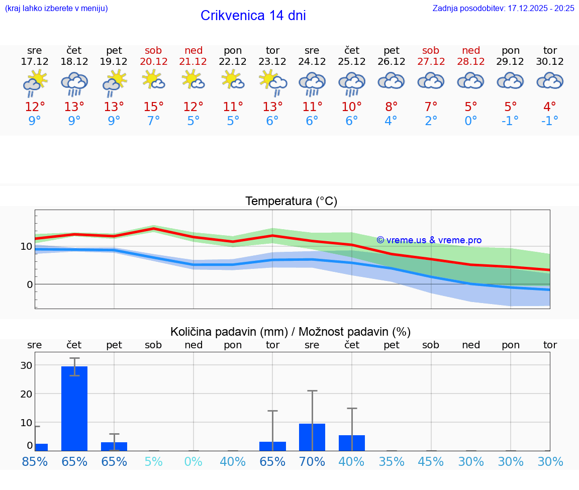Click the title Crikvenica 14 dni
253,16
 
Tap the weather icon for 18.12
74,83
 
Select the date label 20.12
153,61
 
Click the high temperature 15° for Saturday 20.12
153,107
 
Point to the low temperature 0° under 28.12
471,121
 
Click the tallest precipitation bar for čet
74,408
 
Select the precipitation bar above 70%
312,437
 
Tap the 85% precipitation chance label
35,461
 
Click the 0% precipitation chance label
193,461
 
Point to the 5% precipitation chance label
153,461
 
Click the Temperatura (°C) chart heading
291,202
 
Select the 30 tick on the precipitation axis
26,365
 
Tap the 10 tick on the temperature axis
26,246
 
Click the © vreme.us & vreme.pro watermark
429,240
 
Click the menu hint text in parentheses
56,9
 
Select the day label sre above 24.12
312,50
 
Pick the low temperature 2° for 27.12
431,121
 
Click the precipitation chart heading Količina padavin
290,332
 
